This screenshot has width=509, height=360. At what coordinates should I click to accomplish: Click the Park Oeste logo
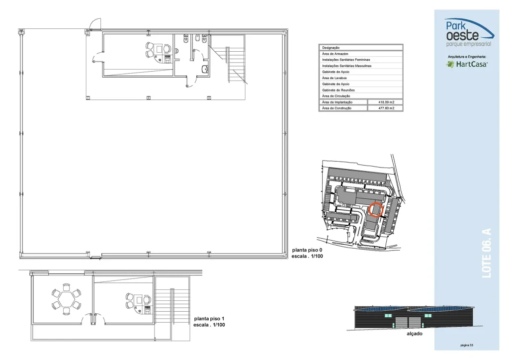469,32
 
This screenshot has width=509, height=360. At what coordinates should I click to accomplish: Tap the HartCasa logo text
471,64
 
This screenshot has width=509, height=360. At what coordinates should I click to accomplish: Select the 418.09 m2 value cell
386,102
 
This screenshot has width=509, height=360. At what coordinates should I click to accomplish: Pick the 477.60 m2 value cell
386,108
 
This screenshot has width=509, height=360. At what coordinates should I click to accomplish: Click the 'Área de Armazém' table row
361,54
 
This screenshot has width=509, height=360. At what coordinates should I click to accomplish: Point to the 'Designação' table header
361,48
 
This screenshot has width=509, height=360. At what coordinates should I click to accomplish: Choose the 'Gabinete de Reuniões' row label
338,90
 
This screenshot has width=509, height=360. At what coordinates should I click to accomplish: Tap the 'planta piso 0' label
307,250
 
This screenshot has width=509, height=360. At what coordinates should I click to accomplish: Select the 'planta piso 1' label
209,319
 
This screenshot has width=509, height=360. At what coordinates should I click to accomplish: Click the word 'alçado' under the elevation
415,334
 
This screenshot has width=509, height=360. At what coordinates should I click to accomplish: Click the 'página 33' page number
467,345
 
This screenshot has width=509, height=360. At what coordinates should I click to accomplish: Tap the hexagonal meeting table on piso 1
66,299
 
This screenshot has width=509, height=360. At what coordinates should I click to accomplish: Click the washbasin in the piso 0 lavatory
204,69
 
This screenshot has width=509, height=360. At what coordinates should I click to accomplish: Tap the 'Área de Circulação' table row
361,96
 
